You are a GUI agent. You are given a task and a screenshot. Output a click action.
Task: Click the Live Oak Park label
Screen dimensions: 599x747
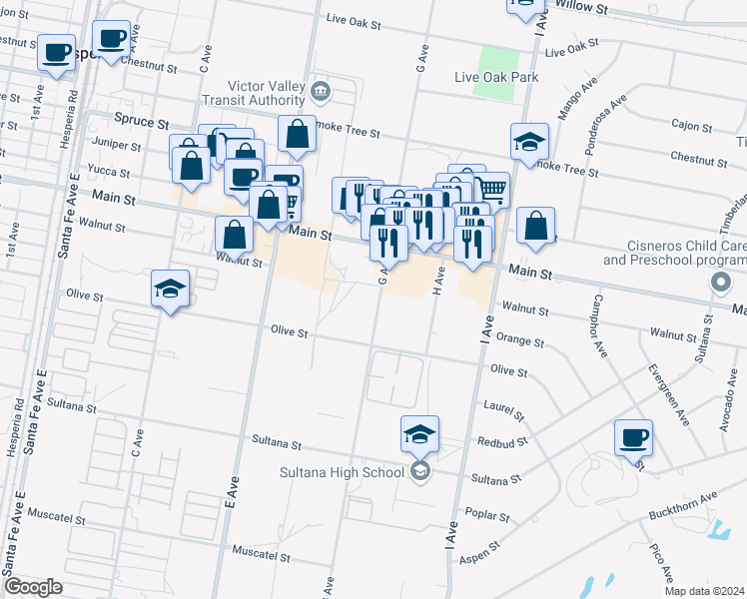click(x=496, y=77)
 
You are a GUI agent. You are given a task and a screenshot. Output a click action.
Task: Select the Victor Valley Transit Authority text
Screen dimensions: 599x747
click(x=252, y=93)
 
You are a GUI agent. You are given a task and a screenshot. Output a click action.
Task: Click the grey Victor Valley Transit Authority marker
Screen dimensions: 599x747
click(x=320, y=93)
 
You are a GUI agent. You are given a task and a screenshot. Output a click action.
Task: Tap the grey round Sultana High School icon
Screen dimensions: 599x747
click(x=420, y=471)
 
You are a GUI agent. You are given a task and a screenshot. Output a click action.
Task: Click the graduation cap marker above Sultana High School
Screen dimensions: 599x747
click(x=420, y=434)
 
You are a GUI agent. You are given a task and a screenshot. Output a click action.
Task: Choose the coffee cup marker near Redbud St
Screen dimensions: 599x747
click(x=633, y=437)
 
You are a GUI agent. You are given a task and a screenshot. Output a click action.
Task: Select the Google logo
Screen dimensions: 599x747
click(x=33, y=587)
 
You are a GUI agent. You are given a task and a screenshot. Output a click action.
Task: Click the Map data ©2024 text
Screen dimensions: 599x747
click(x=703, y=591)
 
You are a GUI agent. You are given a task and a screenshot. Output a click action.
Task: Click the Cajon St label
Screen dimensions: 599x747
click(x=689, y=125)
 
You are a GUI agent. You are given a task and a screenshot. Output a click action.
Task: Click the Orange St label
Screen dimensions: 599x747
click(x=519, y=341)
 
